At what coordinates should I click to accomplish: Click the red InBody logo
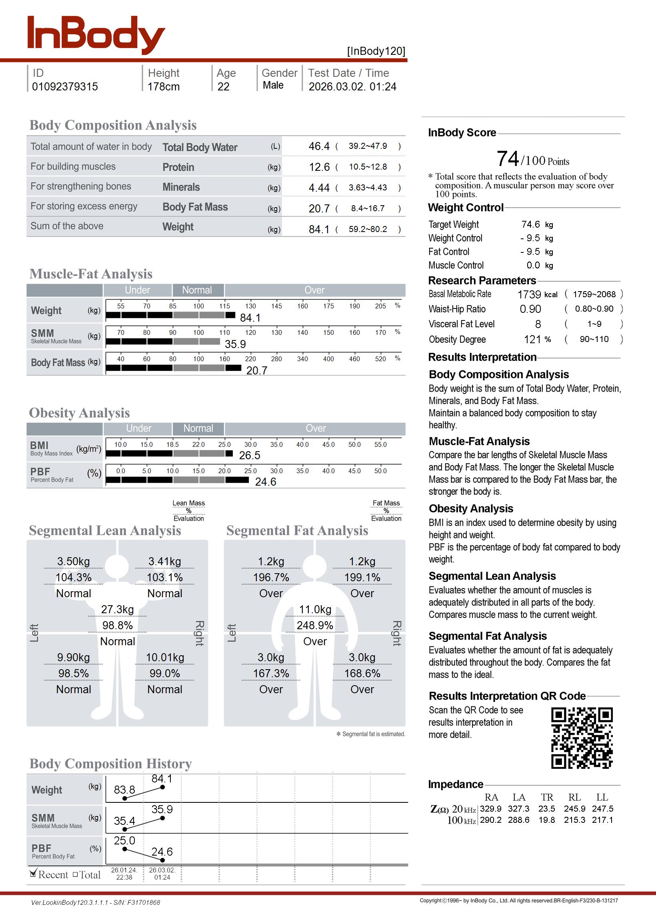click(x=96, y=35)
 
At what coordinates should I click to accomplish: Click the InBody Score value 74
click(x=507, y=159)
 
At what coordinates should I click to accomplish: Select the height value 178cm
click(x=163, y=87)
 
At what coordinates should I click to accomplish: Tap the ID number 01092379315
click(x=65, y=87)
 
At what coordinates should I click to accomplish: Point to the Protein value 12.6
click(x=319, y=167)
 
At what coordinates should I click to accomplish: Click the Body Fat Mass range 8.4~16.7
click(x=368, y=208)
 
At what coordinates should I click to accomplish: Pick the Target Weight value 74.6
click(x=530, y=224)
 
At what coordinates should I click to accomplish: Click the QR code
click(x=582, y=738)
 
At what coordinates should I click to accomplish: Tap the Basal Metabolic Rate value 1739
click(x=529, y=294)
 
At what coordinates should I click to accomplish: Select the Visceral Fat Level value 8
click(x=538, y=324)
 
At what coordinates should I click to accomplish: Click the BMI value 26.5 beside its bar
click(x=250, y=456)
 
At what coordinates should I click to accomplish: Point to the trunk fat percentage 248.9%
click(x=315, y=626)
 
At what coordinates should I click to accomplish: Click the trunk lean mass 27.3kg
click(x=117, y=610)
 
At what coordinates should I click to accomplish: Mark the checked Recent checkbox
click(x=33, y=874)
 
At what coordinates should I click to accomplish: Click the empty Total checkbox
click(x=75, y=875)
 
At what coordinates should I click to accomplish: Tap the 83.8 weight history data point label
click(x=124, y=790)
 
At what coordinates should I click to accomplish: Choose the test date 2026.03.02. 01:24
click(x=352, y=87)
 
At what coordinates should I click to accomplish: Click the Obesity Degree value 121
click(x=532, y=340)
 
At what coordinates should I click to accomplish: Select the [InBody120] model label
click(x=376, y=51)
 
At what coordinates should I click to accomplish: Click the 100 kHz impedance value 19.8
click(x=546, y=820)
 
